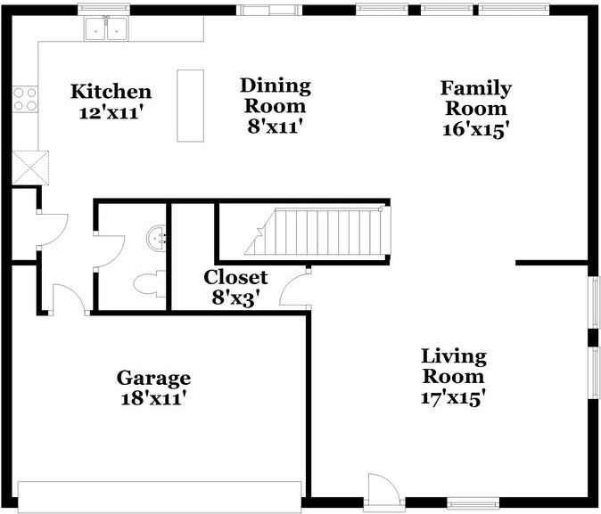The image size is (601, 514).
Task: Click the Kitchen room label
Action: pos(111,92)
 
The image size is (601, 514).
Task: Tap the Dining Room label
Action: pos(276,86)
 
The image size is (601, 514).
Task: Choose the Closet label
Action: pos(235,277)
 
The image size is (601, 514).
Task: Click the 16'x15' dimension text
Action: pos(475,128)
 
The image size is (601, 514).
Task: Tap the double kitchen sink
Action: pos(106,29)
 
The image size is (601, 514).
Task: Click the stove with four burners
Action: pos(25,98)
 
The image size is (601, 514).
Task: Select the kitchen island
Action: pos(190,105)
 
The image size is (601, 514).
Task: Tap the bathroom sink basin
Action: pos(159,237)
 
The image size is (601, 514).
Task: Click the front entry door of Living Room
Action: pos(383,491)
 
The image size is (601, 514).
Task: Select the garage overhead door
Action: pos(160,495)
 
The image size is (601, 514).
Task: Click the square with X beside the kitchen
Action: pos(30,167)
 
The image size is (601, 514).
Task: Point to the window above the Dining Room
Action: pos(268,11)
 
